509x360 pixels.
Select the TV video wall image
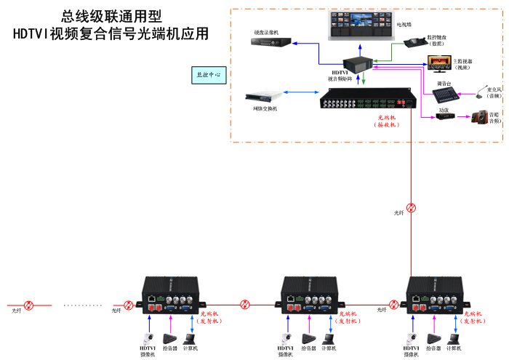coord(361,23)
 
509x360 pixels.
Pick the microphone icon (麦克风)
coord(481,92)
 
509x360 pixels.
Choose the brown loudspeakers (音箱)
coord(481,116)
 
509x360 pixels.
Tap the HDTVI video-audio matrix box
coord(358,63)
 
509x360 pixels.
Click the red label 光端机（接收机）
coord(387,121)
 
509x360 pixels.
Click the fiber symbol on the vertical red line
coord(412,208)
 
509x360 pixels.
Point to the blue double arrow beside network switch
coord(300,93)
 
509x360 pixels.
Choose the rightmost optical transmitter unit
coord(436,295)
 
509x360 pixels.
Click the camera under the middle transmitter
coord(285,338)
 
